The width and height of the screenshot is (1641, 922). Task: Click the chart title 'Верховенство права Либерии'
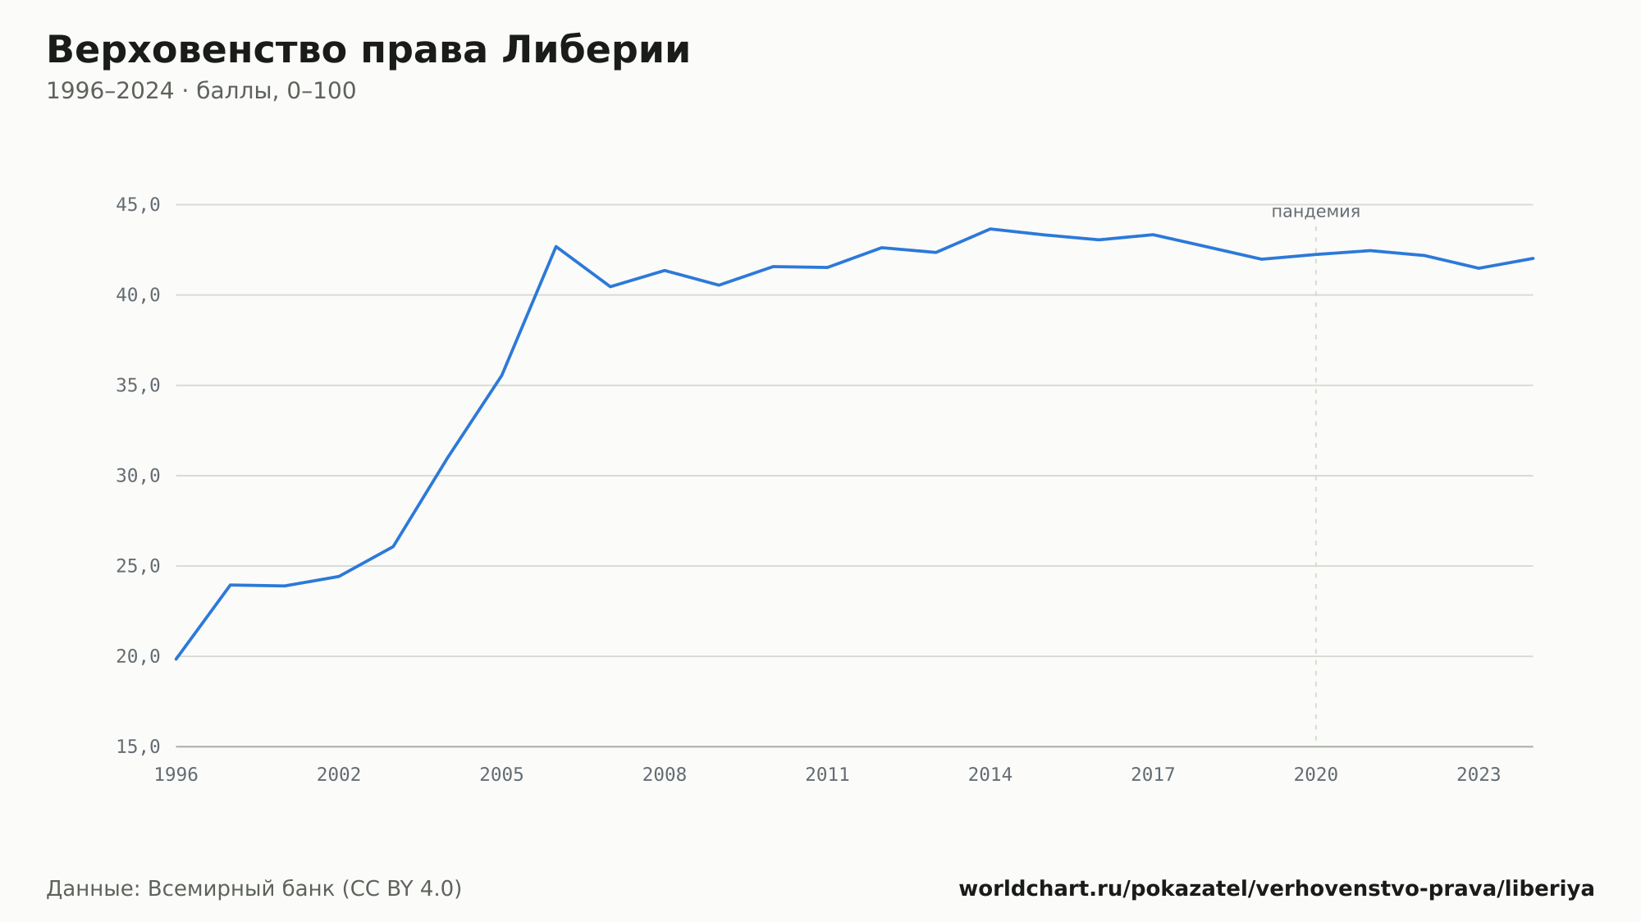(x=368, y=50)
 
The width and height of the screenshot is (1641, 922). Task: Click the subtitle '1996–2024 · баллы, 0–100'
(x=201, y=91)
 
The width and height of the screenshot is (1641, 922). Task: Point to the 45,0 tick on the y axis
(x=138, y=205)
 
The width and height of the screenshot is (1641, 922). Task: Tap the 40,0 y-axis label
(x=138, y=295)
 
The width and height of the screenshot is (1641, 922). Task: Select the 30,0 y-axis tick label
(x=138, y=476)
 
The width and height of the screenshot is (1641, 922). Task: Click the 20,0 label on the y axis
(x=138, y=656)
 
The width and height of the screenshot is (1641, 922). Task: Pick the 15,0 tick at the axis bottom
(x=138, y=746)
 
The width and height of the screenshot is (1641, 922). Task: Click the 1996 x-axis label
(x=176, y=775)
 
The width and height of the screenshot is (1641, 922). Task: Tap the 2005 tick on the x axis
(x=502, y=775)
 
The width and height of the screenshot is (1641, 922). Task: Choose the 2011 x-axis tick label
(x=827, y=775)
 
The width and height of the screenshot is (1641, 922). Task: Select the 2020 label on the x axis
(x=1316, y=775)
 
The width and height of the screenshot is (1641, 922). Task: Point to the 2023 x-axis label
(x=1479, y=775)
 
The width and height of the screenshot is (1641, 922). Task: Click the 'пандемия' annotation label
(x=1315, y=212)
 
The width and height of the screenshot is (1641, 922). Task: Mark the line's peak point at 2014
(x=990, y=229)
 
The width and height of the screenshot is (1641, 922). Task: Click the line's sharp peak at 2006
(x=556, y=246)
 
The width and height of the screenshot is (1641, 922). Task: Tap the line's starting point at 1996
(x=176, y=659)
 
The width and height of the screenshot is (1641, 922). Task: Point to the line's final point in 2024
(x=1533, y=258)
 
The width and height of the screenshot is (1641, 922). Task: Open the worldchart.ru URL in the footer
(x=1277, y=888)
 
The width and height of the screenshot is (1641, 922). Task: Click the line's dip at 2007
(x=610, y=286)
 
